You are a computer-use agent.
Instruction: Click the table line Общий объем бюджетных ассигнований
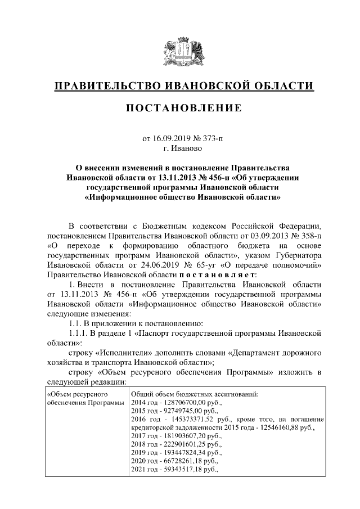194,394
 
